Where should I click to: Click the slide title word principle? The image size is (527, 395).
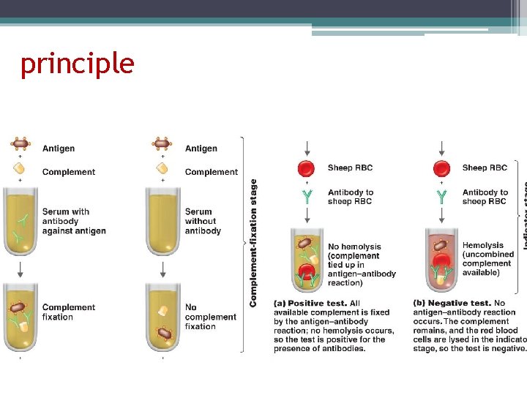78,64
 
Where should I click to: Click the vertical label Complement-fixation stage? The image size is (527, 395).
254,243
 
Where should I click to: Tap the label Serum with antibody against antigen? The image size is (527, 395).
73,221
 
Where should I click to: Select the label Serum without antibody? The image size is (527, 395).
202,221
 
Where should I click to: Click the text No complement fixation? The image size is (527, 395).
210,317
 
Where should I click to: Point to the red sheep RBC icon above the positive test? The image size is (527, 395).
306,168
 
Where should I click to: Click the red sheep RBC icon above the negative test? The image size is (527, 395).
441,168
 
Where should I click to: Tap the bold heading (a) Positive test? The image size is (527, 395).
317,303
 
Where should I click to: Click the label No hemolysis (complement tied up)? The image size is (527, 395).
362,265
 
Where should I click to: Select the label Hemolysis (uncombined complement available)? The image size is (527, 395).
487,259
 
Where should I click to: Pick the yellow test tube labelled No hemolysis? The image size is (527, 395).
307,259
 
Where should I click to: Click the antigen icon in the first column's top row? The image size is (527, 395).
20,144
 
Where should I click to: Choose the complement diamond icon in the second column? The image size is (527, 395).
162,168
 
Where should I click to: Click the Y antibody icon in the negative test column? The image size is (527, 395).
441,197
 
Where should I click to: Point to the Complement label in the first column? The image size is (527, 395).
69,172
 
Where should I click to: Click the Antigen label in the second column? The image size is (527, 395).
201,148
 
